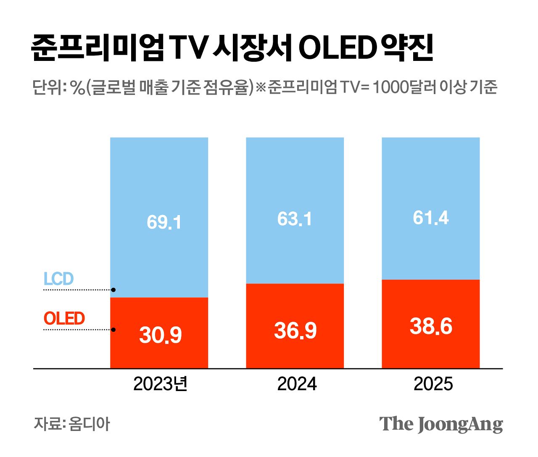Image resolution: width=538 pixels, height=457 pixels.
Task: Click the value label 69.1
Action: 164,222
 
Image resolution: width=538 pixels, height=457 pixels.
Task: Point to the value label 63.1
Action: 294,219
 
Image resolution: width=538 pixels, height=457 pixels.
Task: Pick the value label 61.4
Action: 430,218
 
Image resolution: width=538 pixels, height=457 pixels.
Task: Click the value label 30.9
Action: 160,335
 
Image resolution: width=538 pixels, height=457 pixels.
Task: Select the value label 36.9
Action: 295,331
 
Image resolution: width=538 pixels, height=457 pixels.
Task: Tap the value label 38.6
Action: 431,326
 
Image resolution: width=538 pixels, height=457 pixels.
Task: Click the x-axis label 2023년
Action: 160,384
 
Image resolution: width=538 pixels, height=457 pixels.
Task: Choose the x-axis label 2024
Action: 297,384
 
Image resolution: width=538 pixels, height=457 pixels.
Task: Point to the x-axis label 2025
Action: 433,384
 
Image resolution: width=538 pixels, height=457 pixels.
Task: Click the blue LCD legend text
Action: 58,279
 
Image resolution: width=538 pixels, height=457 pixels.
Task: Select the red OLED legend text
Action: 64,318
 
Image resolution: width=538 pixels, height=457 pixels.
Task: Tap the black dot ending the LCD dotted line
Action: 113,290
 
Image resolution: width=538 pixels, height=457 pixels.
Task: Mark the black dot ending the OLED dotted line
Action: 113,330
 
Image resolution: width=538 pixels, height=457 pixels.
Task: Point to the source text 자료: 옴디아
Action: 71,424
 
